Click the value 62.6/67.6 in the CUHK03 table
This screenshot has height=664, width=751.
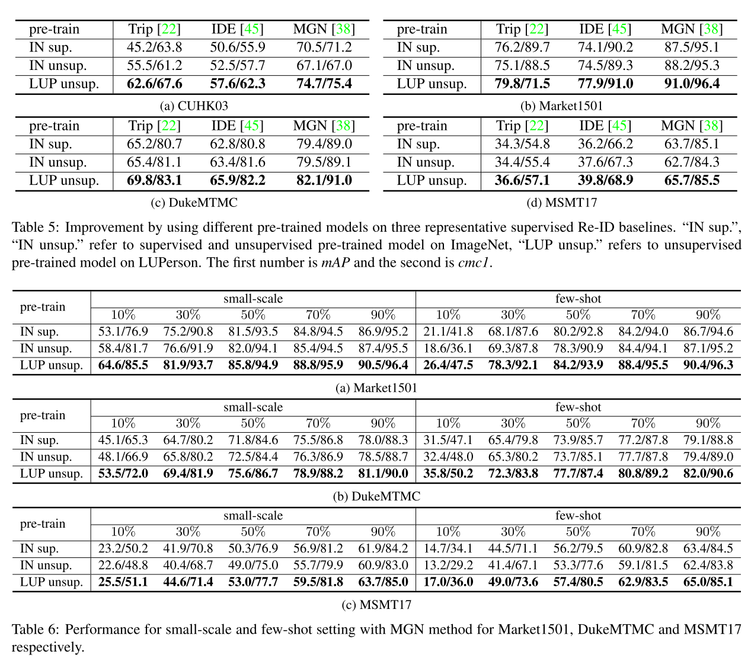[x=154, y=84]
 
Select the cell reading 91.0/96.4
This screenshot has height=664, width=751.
[x=692, y=84]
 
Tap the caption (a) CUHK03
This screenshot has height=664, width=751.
[x=194, y=106]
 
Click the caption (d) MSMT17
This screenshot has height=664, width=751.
[x=561, y=203]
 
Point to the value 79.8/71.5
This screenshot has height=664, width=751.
[x=522, y=84]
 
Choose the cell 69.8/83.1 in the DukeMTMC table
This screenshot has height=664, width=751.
[x=154, y=180]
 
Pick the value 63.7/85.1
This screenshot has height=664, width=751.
[x=692, y=144]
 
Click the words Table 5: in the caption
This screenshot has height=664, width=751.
[x=36, y=228]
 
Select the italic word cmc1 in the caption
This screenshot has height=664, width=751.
[x=474, y=263]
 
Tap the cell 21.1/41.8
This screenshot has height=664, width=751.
[x=448, y=332]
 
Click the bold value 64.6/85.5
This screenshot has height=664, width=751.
[x=123, y=365]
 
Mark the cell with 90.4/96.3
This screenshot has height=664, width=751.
[x=708, y=365]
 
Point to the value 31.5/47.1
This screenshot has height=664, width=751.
[x=448, y=440]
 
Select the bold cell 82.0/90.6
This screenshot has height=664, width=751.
[x=708, y=474]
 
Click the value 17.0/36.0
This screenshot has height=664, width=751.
[x=448, y=582]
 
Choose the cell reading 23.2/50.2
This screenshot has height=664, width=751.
[x=123, y=549]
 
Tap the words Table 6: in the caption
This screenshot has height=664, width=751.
[x=36, y=629]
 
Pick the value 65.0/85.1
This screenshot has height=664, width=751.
[x=708, y=582]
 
